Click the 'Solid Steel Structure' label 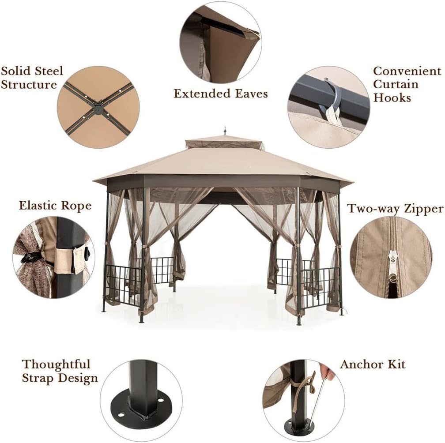coord(32,77)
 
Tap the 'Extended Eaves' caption coord(220,94)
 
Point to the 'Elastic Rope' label coord(55,206)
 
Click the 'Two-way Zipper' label coord(395,208)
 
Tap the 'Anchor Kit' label coord(372,364)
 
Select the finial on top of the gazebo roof coord(225,131)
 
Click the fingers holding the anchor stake coord(327,371)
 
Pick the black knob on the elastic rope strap coord(87,254)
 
